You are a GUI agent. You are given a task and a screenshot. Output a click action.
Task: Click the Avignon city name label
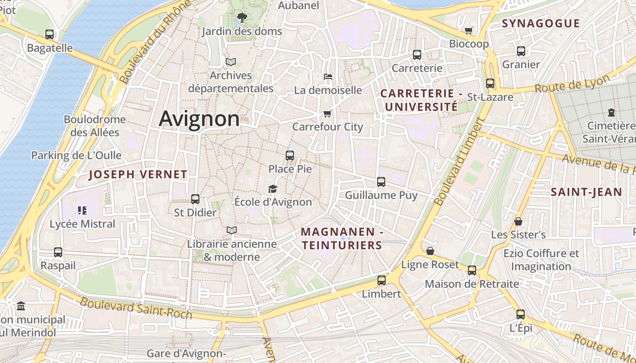click(x=199, y=119)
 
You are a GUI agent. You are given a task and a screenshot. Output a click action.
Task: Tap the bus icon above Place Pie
click(x=290, y=156)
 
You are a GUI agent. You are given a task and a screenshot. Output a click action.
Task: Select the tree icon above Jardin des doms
click(x=242, y=18)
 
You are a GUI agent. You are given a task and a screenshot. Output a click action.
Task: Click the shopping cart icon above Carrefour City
click(x=327, y=113)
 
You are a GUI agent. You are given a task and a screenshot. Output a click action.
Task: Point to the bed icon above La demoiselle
click(x=328, y=76)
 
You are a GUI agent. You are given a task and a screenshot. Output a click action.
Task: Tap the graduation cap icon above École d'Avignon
click(x=273, y=189)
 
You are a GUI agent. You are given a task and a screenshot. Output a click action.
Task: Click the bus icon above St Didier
click(x=195, y=199)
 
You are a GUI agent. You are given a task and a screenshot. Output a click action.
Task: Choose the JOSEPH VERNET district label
click(x=138, y=174)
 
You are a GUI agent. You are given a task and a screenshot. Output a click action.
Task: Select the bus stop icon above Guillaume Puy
click(x=381, y=182)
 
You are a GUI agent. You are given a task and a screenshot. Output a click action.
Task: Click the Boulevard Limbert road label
click(x=458, y=162)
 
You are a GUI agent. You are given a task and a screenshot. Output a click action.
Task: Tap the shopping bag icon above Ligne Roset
click(x=430, y=251)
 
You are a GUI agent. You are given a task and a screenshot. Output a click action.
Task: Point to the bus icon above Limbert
click(x=382, y=280)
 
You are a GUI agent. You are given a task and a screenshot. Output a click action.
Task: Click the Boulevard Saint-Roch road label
click(x=136, y=308)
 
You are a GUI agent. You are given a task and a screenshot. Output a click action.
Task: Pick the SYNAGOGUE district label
click(x=541, y=24)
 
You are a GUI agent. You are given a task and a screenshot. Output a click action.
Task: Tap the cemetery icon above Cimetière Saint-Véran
click(x=611, y=112)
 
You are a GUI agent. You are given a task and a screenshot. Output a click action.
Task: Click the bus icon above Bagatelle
click(x=50, y=34)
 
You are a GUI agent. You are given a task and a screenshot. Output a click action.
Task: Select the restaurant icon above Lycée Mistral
click(x=82, y=210)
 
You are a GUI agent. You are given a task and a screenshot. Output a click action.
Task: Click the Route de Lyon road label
click(x=572, y=83)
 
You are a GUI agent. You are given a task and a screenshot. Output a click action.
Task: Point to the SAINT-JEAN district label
click(x=586, y=192)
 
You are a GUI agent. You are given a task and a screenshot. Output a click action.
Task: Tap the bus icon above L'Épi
click(x=521, y=314)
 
